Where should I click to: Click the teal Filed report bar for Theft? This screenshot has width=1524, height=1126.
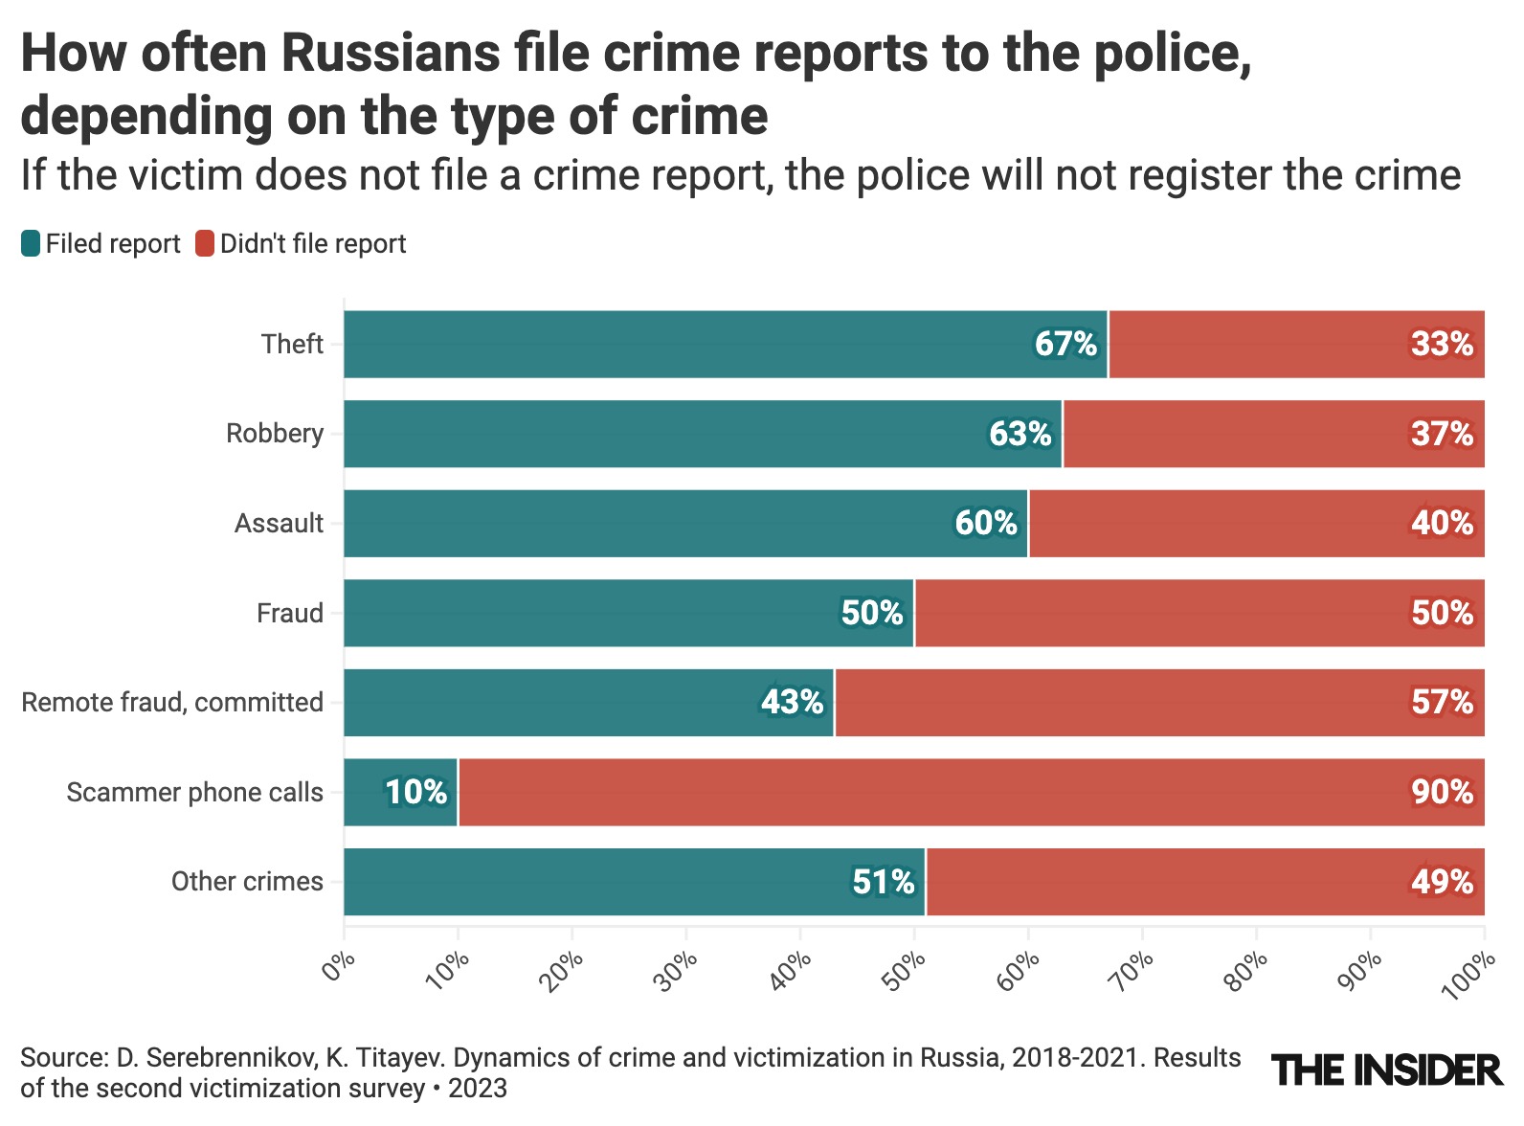coord(670,344)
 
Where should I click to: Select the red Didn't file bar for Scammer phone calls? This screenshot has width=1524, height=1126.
coord(957,792)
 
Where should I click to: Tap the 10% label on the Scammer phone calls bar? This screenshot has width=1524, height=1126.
coord(415,792)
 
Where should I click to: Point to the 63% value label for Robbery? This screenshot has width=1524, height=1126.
coord(1020,434)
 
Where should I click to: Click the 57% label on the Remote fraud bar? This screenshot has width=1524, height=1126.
coord(1442,702)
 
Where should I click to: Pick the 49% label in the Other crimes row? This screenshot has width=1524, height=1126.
coord(1442,881)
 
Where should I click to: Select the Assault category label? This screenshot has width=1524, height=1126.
coord(279,523)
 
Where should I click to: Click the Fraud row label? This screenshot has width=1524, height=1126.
coord(289,613)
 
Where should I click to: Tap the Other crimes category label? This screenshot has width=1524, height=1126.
coord(247,881)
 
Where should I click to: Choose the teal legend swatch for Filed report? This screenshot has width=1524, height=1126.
coord(31,244)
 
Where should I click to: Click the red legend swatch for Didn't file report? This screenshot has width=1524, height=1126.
coord(205,244)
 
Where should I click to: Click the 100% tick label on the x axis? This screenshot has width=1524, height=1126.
coord(1468,975)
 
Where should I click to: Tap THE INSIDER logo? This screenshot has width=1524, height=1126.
coord(1386,1070)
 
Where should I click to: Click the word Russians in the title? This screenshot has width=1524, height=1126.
coord(391,53)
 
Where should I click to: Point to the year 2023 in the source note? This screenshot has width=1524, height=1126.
coord(477,1089)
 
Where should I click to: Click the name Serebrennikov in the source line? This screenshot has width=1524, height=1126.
coord(231,1058)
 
